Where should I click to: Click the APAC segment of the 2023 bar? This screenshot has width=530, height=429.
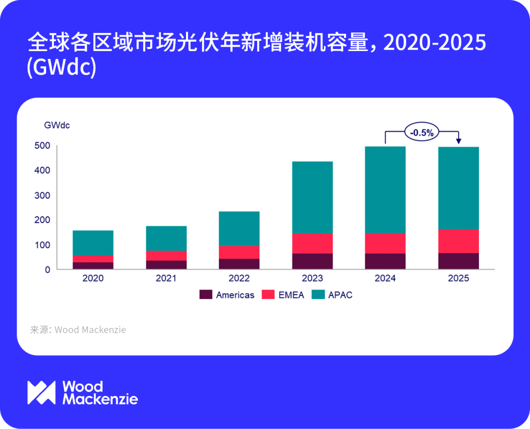pos(312,198)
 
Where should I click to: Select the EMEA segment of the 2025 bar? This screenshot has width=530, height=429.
pos(458,241)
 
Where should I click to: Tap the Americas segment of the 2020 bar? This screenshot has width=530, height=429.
pos(93,265)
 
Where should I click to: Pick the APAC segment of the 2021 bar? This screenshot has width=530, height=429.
pos(166,238)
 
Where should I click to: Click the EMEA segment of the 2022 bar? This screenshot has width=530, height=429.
pos(239,252)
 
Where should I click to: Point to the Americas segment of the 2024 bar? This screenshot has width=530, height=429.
pos(385,261)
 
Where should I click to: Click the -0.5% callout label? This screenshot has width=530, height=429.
pos(422,132)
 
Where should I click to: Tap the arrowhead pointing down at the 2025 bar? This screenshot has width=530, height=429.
pos(459,142)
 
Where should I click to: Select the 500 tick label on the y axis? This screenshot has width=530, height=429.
pos(42,145)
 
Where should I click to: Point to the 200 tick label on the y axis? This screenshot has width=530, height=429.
pos(42,220)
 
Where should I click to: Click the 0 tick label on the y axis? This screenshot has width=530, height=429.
pos(47,269)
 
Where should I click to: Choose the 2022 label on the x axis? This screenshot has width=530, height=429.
pos(239,279)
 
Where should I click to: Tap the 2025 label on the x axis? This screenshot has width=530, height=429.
pos(458,279)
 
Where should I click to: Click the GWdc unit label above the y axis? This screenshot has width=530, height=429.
pos(57,125)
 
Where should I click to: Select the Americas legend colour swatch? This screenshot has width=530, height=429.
pos(206,295)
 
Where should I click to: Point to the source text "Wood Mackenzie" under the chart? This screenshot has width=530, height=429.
pos(90,330)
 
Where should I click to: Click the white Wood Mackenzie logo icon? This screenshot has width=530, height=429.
pos(42,393)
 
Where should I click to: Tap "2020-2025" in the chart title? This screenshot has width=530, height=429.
pos(434,44)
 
